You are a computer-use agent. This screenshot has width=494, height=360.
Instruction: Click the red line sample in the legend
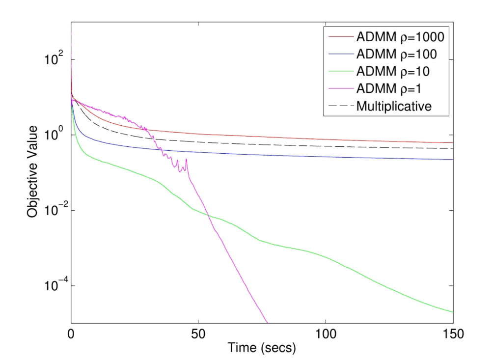click(339, 37)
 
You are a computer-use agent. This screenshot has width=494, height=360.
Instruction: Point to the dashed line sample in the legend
click(339, 106)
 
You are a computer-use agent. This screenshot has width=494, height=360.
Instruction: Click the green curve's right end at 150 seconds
click(452, 312)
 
